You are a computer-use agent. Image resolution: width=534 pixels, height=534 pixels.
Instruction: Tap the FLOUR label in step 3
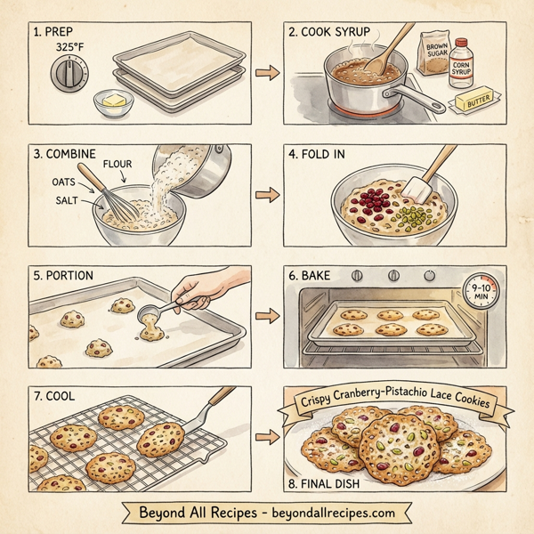pyautogui.click(x=118, y=165)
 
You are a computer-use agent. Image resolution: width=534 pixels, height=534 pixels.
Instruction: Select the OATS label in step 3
pyautogui.click(x=52, y=181)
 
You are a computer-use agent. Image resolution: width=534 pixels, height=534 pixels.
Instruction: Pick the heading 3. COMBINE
pyautogui.click(x=64, y=152)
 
